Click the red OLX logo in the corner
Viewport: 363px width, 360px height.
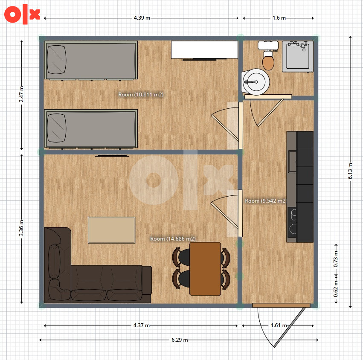click(22, 14)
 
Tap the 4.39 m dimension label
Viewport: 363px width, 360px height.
click(142, 18)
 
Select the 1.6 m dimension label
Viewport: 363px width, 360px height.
click(279, 18)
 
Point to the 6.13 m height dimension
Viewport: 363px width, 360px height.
click(350, 171)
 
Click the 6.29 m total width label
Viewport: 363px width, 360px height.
click(180, 340)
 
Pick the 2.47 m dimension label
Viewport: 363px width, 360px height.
click(21, 94)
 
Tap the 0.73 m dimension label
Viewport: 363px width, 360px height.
click(336, 259)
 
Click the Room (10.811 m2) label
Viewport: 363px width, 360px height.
click(141, 94)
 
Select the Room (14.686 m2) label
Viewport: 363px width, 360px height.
click(173, 239)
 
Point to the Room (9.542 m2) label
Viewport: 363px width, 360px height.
click(266, 201)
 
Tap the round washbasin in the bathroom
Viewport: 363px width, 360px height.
click(256, 82)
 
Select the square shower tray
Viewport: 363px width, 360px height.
click(298, 56)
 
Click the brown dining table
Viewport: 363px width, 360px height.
click(205, 269)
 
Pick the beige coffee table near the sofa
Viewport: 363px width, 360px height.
click(112, 230)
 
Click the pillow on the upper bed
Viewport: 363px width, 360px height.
click(56, 59)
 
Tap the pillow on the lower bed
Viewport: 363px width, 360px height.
click(56, 128)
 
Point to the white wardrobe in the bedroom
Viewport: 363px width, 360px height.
click(204, 49)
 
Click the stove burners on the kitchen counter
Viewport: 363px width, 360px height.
click(292, 222)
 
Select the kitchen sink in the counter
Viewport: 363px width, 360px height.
click(292, 161)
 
